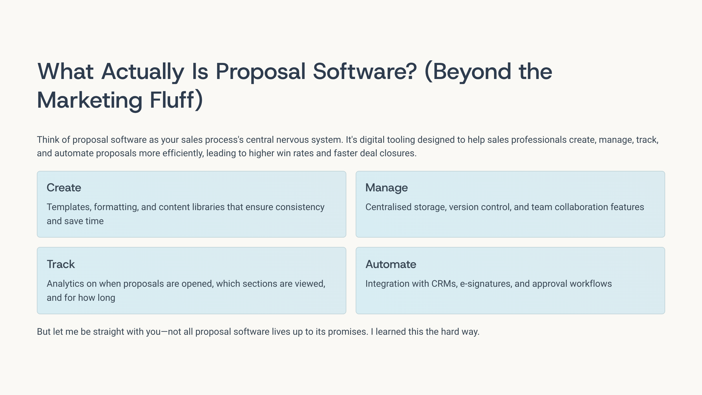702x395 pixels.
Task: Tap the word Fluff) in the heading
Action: (176, 100)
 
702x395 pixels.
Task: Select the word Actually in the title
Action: (143, 72)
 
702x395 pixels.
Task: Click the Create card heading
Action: (64, 188)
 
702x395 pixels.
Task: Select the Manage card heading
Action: (386, 188)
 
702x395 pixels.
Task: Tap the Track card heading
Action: (61, 264)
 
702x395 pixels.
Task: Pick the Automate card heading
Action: (391, 264)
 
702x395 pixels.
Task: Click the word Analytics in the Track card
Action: (66, 284)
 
